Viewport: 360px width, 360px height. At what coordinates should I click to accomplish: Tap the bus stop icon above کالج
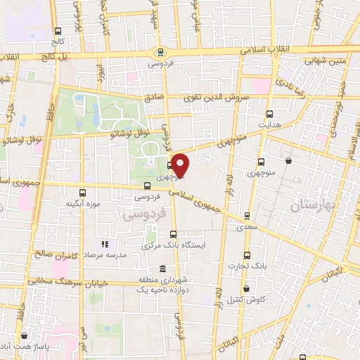[58, 30]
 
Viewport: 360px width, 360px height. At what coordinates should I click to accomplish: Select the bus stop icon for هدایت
[269, 113]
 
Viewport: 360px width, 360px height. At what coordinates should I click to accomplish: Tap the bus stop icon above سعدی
[246, 216]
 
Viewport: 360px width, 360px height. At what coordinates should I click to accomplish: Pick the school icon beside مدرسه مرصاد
[104, 245]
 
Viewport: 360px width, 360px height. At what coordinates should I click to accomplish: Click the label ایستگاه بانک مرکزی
[173, 246]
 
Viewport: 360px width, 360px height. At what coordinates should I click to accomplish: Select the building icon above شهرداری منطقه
[162, 269]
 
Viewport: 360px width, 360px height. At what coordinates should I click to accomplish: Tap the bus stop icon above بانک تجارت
[246, 255]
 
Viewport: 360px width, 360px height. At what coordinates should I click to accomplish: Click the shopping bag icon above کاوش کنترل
[246, 288]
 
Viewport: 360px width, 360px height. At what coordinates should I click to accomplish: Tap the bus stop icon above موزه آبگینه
[83, 193]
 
